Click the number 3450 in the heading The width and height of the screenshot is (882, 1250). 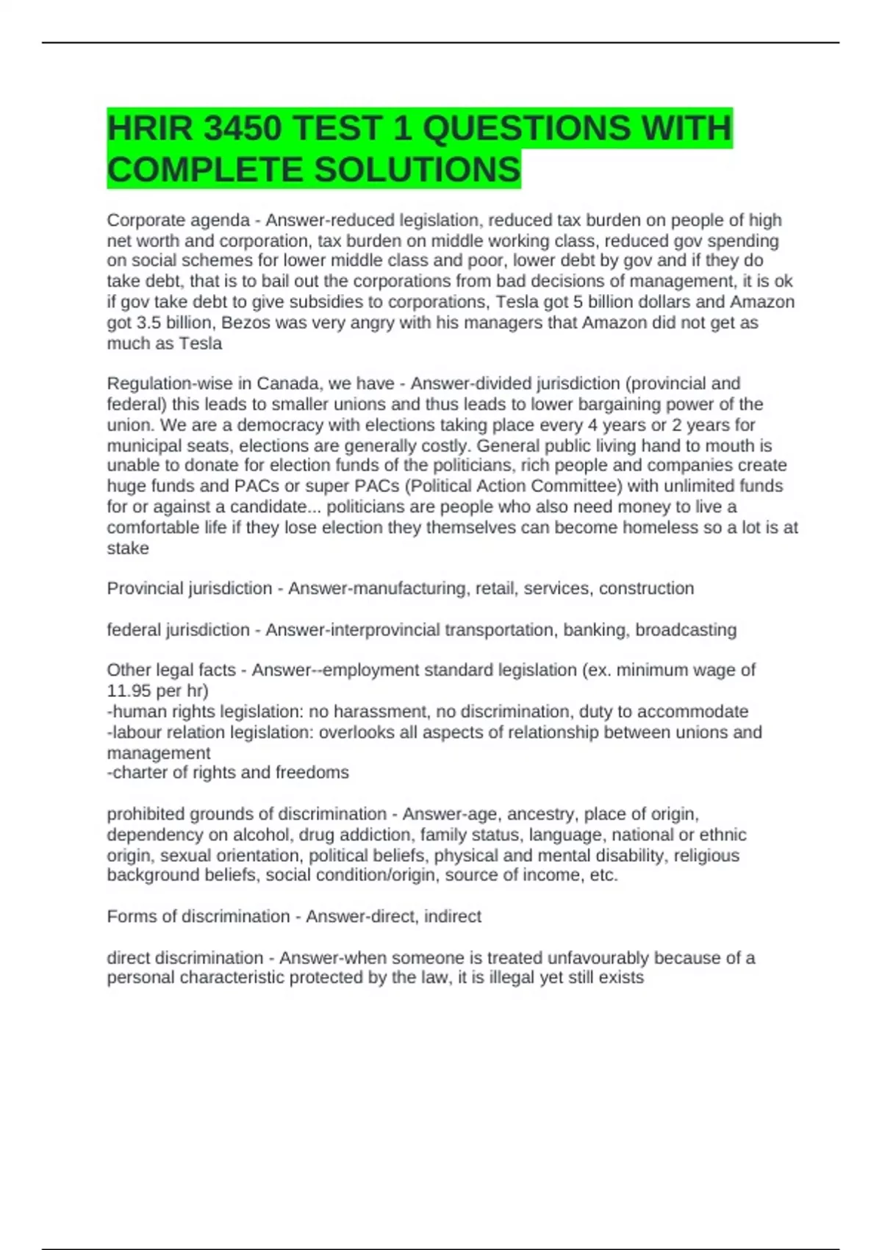pos(242,129)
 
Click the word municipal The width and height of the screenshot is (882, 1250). pos(144,446)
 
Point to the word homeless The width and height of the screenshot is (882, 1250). pos(659,528)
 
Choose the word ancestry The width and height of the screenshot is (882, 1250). pos(538,815)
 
